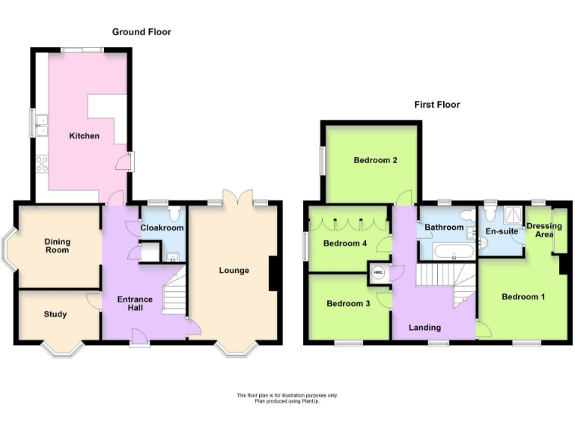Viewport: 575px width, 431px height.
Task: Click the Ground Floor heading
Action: coord(142,32)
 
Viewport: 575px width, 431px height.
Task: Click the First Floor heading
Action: coord(437,105)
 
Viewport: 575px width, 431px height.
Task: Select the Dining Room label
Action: coord(57,245)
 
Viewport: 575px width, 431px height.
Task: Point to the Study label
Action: coord(55,314)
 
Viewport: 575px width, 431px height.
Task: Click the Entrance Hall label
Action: coord(135,305)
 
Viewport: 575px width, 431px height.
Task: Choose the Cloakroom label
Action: coord(162,228)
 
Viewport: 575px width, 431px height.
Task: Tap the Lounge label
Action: coord(234,270)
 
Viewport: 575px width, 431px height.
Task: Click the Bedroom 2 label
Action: coord(375,160)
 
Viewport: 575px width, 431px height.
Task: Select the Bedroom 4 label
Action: coord(345,243)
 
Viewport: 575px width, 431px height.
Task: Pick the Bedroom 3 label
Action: coord(348,303)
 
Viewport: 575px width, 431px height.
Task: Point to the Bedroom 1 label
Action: coord(523,297)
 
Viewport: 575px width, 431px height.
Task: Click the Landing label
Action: coord(425,327)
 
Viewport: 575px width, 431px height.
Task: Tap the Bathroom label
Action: coord(444,227)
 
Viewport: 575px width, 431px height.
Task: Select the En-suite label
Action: coord(502,232)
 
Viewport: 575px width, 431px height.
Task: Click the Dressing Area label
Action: coord(544,230)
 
